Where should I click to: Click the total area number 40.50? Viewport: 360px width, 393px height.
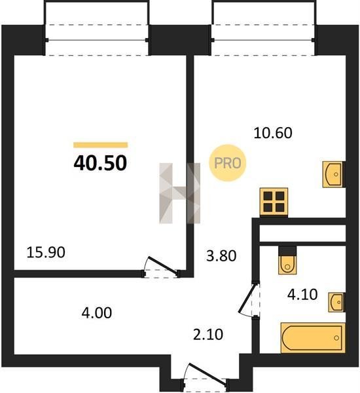click(100, 163)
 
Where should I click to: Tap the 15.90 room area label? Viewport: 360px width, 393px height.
click(46, 252)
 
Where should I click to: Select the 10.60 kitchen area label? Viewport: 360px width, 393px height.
click(273, 133)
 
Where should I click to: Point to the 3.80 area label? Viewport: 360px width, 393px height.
click(221, 256)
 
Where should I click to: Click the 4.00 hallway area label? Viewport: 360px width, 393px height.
click(97, 313)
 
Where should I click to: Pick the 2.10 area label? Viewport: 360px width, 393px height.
click(208, 335)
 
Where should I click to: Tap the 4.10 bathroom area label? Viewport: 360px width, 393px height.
click(302, 295)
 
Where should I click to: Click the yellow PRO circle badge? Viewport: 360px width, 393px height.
click(228, 163)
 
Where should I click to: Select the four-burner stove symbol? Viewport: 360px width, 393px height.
click(274, 202)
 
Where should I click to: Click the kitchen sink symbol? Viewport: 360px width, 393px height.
click(333, 174)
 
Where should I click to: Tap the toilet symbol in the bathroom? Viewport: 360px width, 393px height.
click(287, 261)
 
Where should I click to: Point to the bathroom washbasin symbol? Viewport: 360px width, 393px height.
click(337, 302)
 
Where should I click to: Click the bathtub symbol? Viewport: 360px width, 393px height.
click(313, 338)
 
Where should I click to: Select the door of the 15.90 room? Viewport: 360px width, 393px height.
click(161, 267)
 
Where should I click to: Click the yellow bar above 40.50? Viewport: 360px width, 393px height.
click(100, 145)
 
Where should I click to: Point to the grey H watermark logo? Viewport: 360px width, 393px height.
click(180, 193)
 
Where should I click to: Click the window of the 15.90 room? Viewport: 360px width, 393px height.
click(97, 40)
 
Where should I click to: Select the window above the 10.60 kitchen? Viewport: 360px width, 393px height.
click(263, 40)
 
